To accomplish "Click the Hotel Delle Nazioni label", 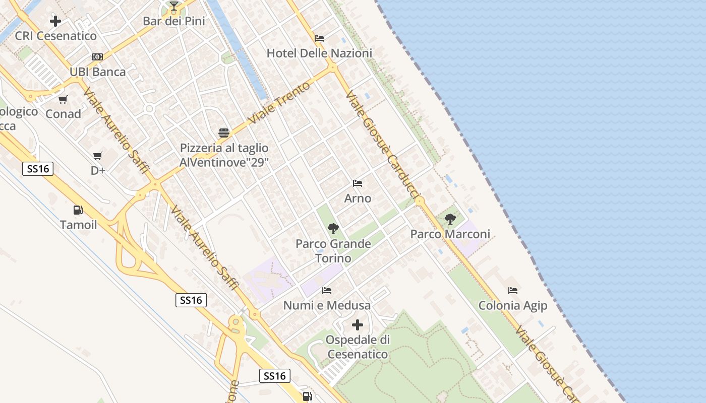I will point(319,53).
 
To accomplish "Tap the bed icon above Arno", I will point(358,183).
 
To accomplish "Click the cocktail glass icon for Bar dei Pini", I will point(174,6).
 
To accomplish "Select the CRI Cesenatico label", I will point(55,36).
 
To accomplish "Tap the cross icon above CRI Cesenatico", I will point(55,21).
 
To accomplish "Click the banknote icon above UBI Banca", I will point(97,57).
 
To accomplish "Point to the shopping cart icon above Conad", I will point(63,99).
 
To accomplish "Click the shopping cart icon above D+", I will point(98,156).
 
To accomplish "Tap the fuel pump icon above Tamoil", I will point(78,210).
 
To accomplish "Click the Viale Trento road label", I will point(280,103).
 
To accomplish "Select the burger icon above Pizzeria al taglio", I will point(224,133).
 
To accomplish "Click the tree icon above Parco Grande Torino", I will point(333,229).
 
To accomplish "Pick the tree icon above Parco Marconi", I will point(450,219).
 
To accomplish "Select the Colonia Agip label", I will point(513,305).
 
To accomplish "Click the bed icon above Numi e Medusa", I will point(327,291).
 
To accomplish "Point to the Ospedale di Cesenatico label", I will point(358,347).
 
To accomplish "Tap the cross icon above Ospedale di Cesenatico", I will point(358,325).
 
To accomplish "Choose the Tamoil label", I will point(78,225).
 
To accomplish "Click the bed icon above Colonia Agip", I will point(513,291).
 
